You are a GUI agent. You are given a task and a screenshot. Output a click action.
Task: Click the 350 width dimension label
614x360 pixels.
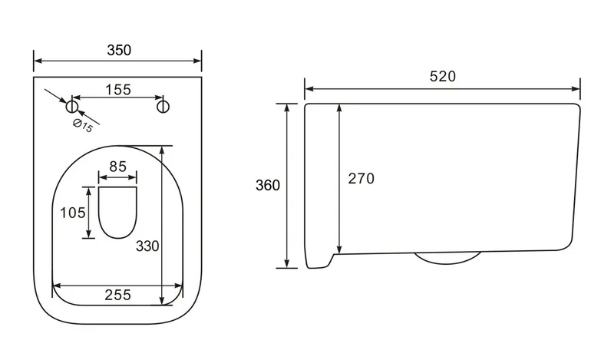tap(119, 50)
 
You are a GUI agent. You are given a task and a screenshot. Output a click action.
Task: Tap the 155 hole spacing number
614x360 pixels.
tap(118, 90)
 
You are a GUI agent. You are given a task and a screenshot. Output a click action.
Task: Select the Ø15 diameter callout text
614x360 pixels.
tap(83, 125)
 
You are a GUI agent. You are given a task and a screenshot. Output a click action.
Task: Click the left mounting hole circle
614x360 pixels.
tap(72, 106)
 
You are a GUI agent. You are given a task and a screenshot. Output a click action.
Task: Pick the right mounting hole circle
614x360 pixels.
tap(163, 106)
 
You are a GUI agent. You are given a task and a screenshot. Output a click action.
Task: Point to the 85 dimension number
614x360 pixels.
tap(118, 167)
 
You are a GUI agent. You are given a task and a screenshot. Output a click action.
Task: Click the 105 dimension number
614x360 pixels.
tap(72, 213)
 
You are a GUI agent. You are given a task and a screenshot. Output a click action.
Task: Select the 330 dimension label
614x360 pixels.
tap(147, 246)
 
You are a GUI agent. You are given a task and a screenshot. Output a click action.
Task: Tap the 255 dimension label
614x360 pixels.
tap(117, 295)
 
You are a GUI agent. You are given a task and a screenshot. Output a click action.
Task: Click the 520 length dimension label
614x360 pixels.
tap(443, 76)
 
